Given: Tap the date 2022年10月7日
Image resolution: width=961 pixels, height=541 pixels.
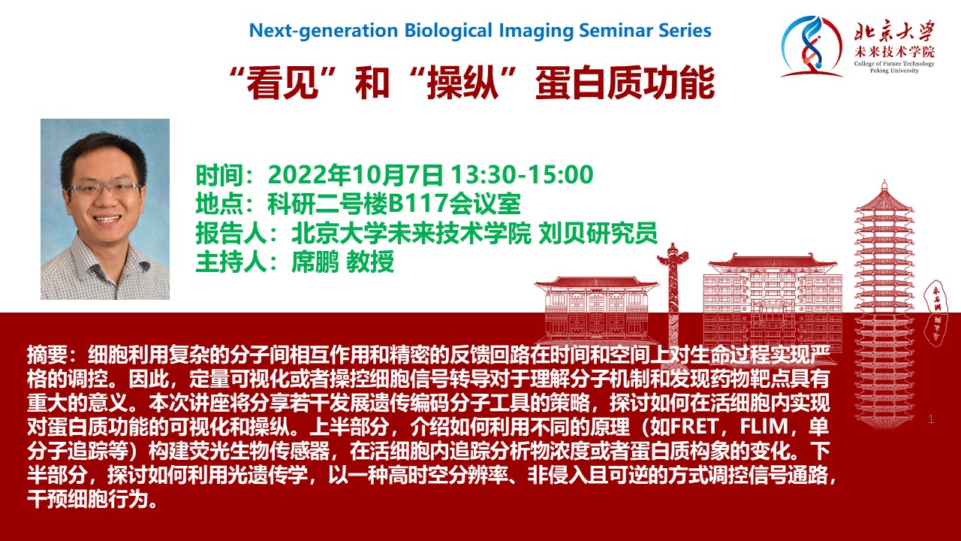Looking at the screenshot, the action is click(x=356, y=175).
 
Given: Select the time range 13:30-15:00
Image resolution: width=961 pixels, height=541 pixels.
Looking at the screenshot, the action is click(x=522, y=175).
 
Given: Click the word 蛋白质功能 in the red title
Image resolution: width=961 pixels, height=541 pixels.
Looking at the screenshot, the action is click(x=625, y=83).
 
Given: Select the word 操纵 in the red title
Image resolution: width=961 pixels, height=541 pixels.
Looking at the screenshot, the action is click(x=462, y=83).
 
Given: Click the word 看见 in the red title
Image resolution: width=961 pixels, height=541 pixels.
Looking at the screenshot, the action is click(x=282, y=83).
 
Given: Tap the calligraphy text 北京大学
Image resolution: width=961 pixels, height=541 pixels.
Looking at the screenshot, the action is click(x=895, y=32).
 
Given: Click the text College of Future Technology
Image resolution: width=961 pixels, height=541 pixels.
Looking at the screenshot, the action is click(x=894, y=64).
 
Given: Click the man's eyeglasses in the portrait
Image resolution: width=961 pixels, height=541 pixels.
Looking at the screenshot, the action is click(x=104, y=189).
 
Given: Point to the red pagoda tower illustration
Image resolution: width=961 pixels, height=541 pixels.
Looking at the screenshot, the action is click(x=884, y=305).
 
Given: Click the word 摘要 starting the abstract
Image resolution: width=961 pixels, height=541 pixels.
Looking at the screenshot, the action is click(x=47, y=355).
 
